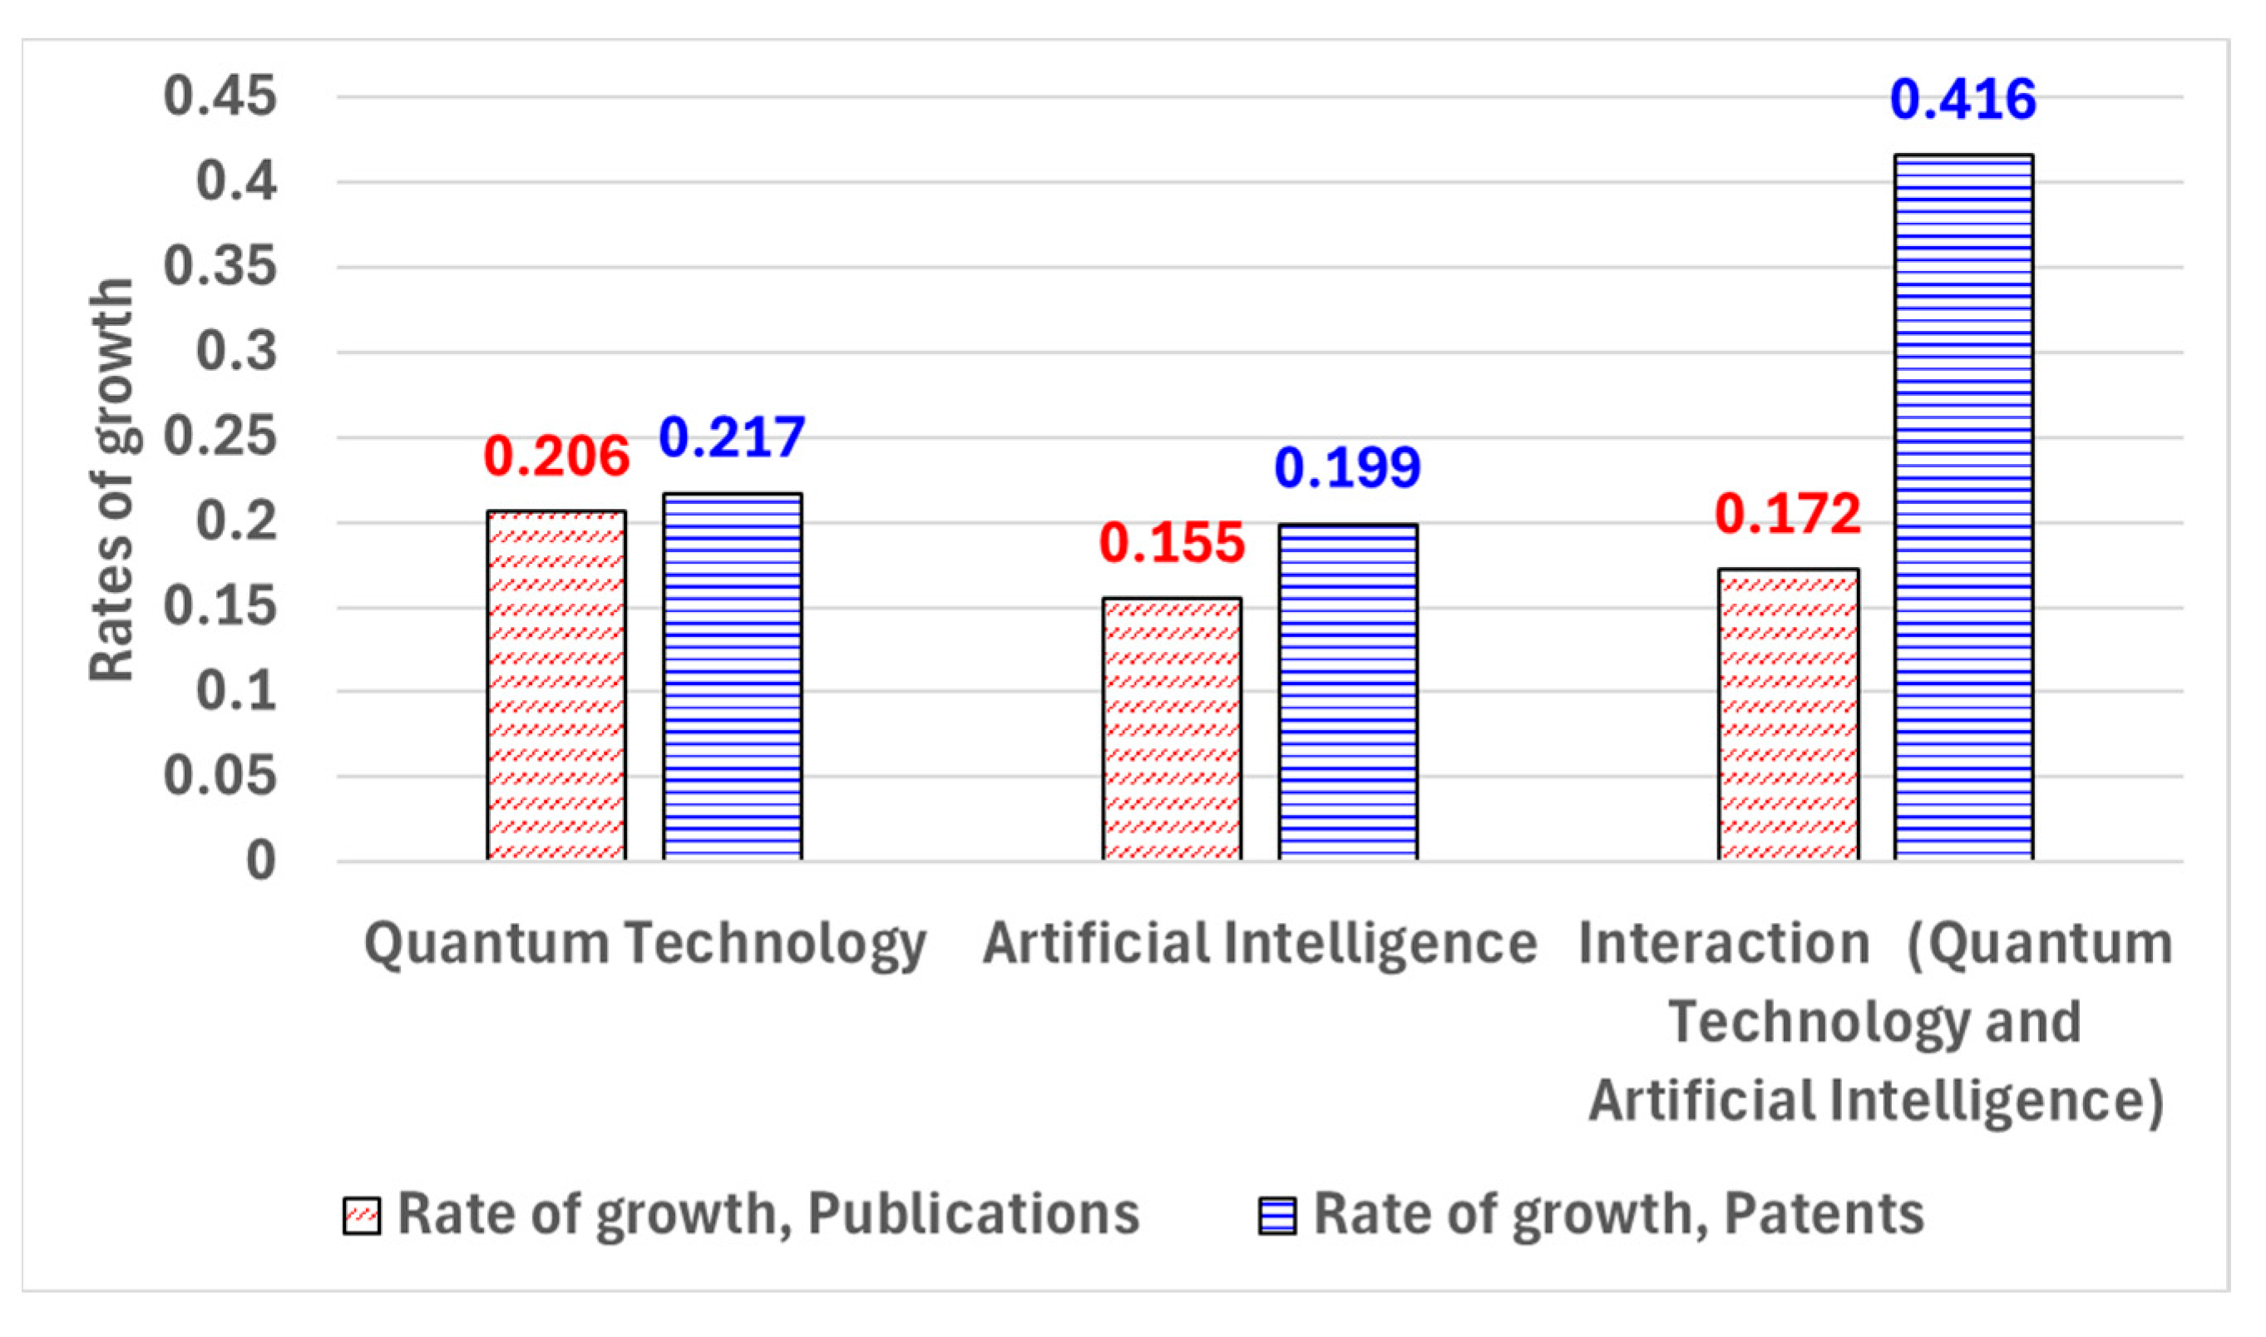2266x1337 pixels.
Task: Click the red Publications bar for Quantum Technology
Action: pos(556,685)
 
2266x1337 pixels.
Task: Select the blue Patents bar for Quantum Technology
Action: pos(733,676)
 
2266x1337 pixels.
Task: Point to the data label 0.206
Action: pos(556,456)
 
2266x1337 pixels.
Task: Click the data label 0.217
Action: pos(732,437)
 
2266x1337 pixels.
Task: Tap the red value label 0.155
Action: pos(1172,543)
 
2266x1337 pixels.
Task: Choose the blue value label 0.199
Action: pos(1348,467)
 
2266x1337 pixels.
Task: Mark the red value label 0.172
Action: pos(1788,515)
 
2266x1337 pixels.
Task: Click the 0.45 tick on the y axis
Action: pos(220,96)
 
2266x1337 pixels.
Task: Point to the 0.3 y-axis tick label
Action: pos(236,352)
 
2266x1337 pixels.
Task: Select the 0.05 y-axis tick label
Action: pos(220,776)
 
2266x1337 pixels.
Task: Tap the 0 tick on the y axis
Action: pos(261,861)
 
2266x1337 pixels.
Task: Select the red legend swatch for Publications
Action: pos(361,1216)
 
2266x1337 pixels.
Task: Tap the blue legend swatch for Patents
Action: pos(1277,1216)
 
